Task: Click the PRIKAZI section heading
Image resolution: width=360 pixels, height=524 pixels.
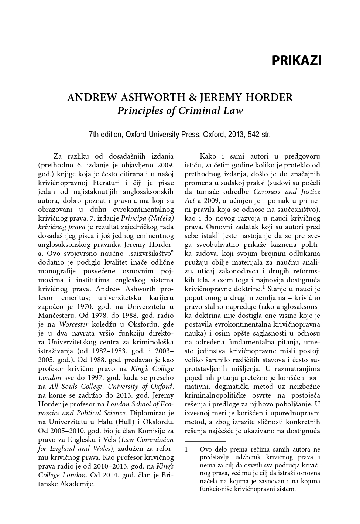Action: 296,61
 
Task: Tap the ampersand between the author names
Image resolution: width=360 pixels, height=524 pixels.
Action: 192,98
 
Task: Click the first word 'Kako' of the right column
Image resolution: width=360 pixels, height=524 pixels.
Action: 208,156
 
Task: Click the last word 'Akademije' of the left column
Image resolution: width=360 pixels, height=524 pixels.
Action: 79,484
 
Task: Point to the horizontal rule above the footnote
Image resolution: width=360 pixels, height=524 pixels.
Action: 205,441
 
